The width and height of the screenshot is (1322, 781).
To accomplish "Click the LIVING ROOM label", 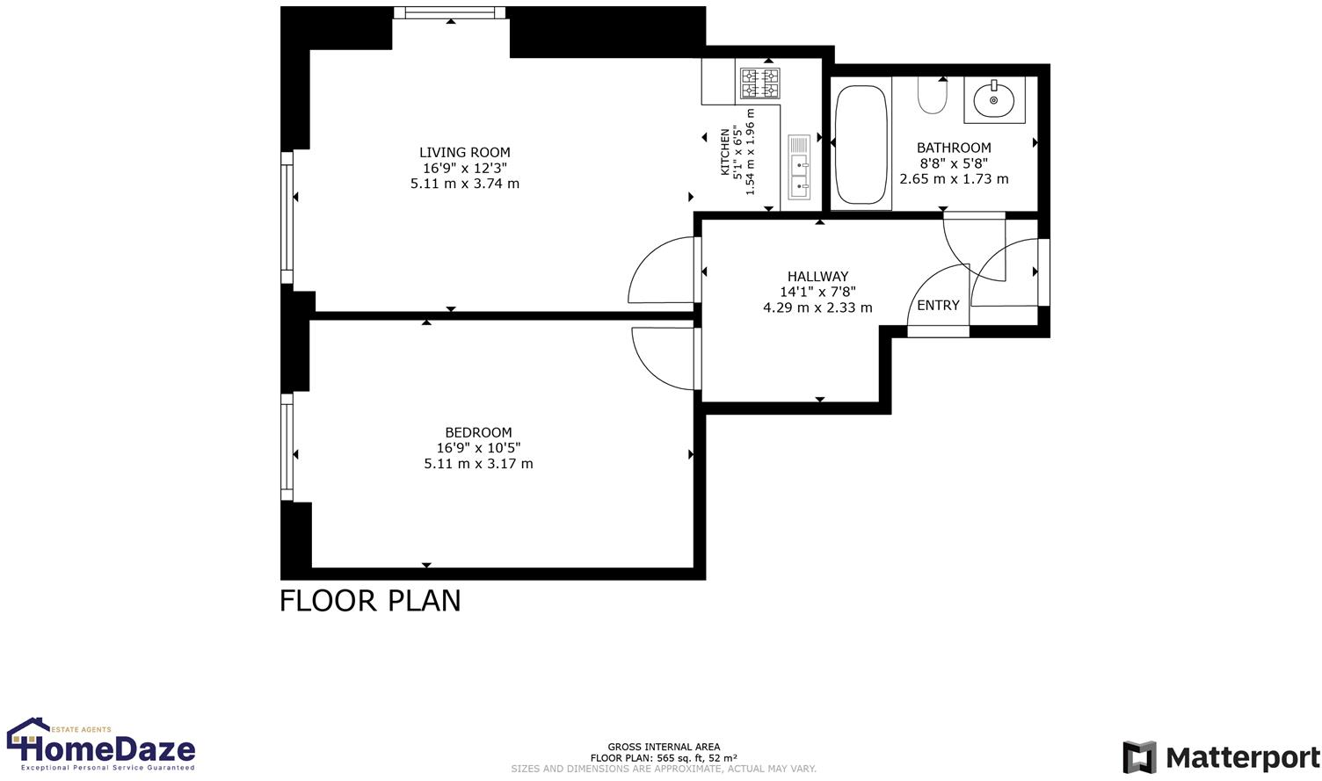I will coord(464,152).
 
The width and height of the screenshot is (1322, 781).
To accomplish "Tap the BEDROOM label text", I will coord(478,432).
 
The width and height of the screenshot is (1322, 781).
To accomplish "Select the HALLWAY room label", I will coord(817,276).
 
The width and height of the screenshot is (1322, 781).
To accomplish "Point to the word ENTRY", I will coord(938,306).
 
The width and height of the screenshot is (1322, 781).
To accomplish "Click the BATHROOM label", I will coord(954,148).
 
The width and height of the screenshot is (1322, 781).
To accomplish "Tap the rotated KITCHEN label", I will coord(725,151).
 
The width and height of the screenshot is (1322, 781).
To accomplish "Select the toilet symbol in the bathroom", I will coord(932,96).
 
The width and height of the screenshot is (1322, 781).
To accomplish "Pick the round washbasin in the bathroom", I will coord(994,100).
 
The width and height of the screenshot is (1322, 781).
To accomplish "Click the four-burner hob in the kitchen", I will coord(759,83).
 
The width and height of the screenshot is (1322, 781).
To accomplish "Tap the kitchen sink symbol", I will coord(799,167).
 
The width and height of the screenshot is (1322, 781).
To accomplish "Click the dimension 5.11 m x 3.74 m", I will coord(464,184).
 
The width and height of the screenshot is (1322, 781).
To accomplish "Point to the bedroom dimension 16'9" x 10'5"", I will coord(478,448).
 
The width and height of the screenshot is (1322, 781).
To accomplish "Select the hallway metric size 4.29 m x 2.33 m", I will coord(817,307).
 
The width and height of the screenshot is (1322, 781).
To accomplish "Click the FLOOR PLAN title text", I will coord(370,601).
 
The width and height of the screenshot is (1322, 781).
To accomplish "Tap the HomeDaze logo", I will coord(101,745).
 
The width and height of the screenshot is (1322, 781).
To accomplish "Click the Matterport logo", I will coord(1221,757).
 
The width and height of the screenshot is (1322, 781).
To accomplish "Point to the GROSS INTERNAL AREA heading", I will coord(664,747).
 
